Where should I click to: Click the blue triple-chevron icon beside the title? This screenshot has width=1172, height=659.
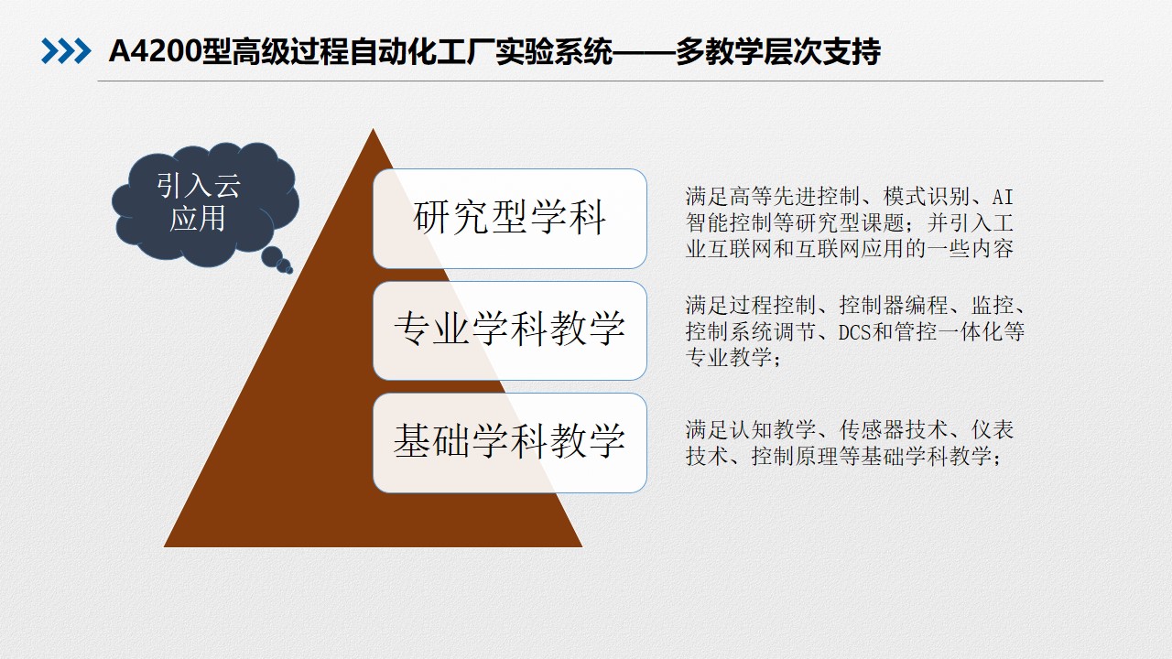[66, 51]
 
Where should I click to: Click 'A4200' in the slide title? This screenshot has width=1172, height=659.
[155, 52]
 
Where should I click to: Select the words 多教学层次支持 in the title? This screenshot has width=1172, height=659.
[778, 52]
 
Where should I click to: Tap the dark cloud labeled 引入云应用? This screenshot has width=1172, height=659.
[205, 204]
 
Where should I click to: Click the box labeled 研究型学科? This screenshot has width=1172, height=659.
[510, 219]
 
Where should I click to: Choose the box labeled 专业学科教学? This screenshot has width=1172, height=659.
[510, 330]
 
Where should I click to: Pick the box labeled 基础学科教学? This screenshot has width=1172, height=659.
[510, 443]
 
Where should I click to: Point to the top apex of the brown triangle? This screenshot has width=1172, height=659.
[373, 129]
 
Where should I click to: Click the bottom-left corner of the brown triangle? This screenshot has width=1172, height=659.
[164, 546]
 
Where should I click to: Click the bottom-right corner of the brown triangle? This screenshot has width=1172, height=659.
[581, 546]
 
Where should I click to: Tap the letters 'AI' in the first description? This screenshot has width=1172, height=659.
[1003, 197]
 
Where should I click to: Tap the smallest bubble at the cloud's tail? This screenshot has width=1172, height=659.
[289, 270]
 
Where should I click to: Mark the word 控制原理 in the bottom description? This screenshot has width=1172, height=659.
[795, 457]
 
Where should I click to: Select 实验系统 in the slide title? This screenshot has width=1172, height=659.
[554, 52]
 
